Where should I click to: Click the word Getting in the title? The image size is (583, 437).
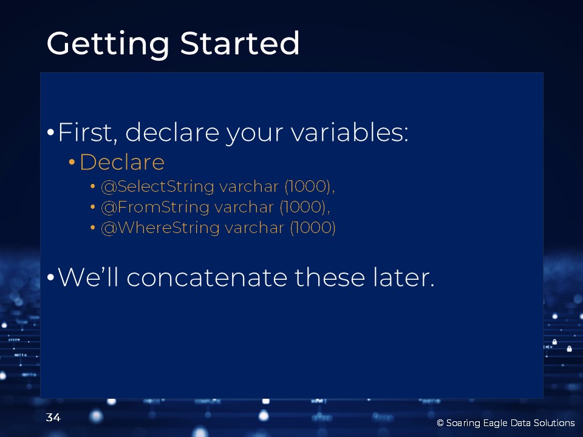(108, 44)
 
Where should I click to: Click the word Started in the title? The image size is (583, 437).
(240, 43)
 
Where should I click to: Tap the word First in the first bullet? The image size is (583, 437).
(87, 132)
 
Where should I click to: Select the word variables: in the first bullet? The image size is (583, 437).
(350, 132)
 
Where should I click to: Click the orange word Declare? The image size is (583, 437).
(122, 162)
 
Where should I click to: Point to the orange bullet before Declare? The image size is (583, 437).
(72, 162)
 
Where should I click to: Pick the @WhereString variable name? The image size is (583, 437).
(160, 228)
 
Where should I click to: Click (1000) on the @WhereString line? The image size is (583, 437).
(313, 228)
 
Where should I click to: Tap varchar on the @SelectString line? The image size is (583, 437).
(249, 186)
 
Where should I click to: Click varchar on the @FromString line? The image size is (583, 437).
(244, 208)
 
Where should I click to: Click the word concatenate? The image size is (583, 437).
(207, 278)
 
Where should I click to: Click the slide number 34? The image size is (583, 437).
(53, 418)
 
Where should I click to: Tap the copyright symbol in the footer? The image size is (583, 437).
(440, 423)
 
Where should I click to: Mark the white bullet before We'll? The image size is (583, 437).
(51, 277)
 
